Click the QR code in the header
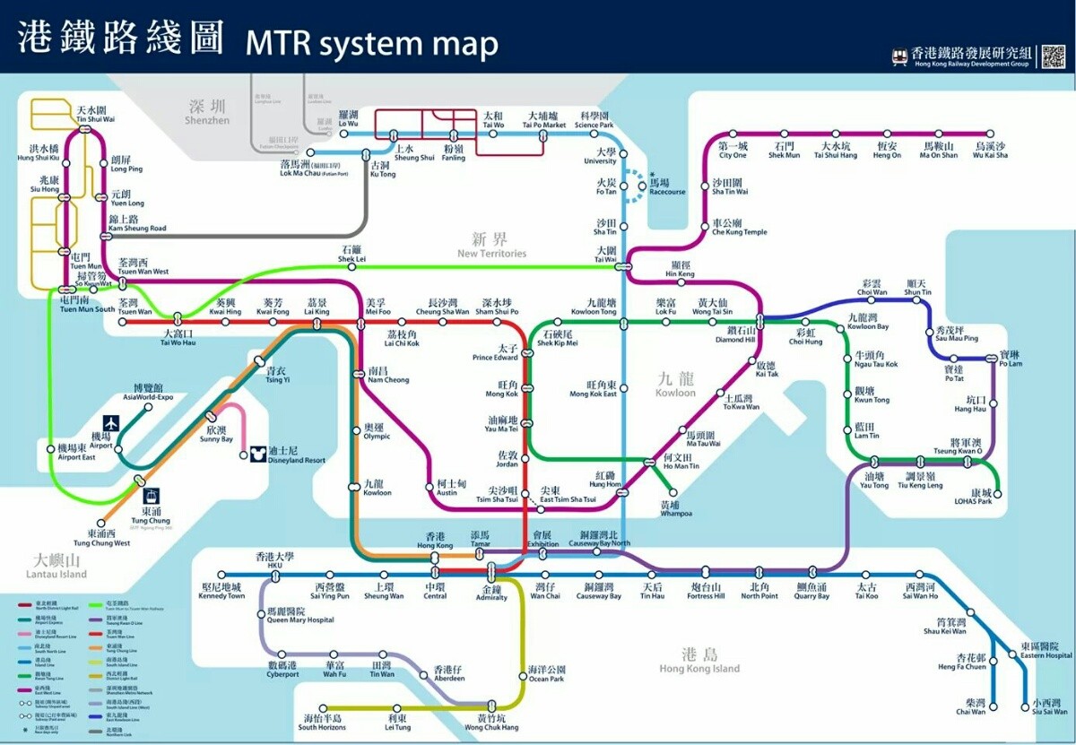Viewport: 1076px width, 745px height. click(x=1053, y=56)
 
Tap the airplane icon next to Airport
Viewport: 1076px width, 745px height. click(x=112, y=422)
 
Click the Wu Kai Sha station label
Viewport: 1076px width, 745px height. click(x=991, y=150)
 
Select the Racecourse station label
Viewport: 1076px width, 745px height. click(x=666, y=186)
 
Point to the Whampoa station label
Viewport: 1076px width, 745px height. click(x=675, y=508)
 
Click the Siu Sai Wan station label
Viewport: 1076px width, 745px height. click(x=1048, y=706)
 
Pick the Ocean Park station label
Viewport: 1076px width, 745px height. click(x=546, y=674)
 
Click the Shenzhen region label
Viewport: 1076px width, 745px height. click(x=207, y=111)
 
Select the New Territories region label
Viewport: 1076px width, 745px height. click(x=491, y=244)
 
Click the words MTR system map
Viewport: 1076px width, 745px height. click(x=371, y=42)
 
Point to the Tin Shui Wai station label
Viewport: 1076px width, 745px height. click(x=95, y=114)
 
